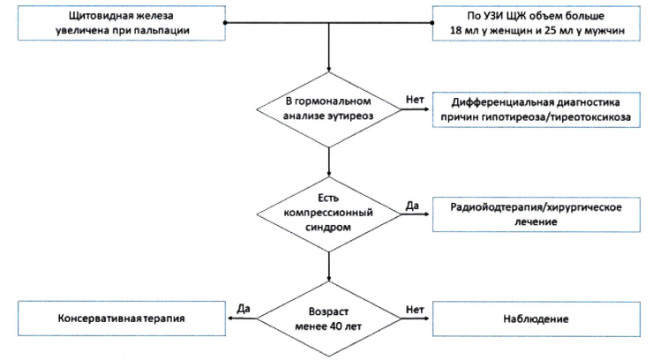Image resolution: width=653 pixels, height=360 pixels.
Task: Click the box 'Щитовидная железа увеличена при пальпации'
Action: [x=122, y=23]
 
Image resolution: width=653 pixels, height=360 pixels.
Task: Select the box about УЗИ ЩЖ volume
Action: [x=536, y=23]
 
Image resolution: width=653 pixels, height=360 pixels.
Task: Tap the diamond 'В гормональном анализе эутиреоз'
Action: [x=328, y=109]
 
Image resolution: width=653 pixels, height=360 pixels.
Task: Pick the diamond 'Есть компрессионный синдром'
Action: [x=328, y=214]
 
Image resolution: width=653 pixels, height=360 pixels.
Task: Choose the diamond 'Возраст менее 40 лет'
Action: [x=328, y=319]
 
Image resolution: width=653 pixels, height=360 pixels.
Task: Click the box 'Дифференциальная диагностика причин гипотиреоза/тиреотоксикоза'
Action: [x=536, y=110]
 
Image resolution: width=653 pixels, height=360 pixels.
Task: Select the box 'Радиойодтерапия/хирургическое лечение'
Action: [x=536, y=214]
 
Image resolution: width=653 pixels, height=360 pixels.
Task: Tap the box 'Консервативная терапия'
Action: [x=122, y=319]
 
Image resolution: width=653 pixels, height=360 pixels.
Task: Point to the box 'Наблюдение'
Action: [x=536, y=319]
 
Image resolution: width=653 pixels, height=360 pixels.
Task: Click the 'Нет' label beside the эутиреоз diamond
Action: [x=415, y=100]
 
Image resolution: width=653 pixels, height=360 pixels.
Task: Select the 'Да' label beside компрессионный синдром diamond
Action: [x=412, y=206]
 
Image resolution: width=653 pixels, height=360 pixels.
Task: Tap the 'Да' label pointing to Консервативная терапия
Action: [x=244, y=309]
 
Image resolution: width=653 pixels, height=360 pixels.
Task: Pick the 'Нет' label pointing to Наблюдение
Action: [x=415, y=310]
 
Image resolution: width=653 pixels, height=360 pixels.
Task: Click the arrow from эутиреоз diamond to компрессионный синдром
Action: [x=328, y=161]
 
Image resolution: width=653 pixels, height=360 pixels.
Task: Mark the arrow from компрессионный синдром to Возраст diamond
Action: [x=328, y=266]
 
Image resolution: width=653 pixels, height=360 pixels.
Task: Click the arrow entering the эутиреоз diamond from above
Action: [x=328, y=47]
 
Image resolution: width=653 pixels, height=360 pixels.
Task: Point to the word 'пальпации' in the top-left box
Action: [x=164, y=30]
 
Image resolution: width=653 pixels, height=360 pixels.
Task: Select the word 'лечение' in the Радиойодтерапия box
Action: [x=536, y=221]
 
